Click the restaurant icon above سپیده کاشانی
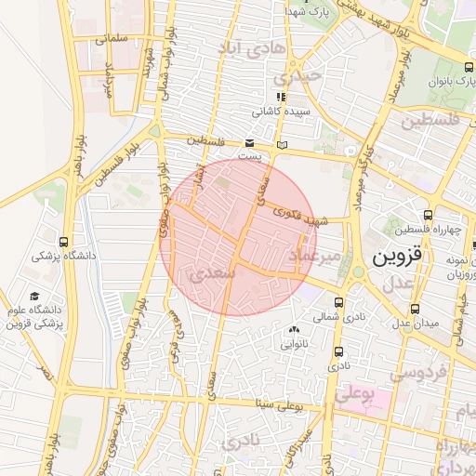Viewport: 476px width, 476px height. click(280, 96)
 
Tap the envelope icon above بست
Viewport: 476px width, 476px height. click(249, 142)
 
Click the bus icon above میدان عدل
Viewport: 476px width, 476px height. click(416, 307)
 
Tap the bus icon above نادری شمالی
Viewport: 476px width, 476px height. click(338, 302)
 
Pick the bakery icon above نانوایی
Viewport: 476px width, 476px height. click(295, 328)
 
